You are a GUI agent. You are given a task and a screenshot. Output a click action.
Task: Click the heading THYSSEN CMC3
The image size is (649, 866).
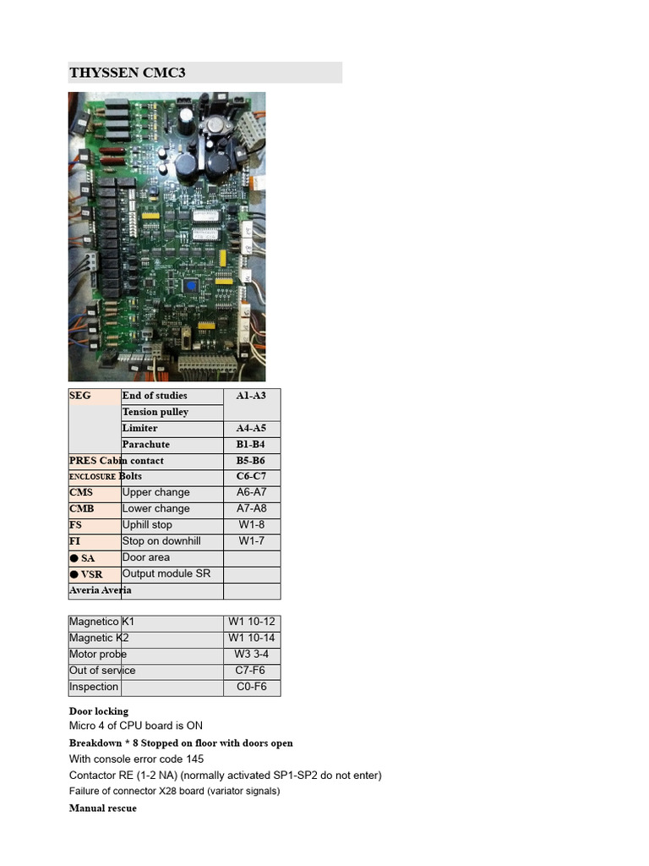coord(127,73)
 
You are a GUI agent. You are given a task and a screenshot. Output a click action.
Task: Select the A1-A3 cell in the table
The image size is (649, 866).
coord(251,396)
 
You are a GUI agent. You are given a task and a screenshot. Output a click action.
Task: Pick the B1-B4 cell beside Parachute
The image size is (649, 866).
coord(251,444)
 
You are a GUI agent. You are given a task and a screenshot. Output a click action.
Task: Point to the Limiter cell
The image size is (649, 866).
coord(139,428)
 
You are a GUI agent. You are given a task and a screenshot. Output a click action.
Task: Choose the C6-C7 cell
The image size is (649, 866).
coord(251,476)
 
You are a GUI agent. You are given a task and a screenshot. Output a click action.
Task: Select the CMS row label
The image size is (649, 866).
coord(81,492)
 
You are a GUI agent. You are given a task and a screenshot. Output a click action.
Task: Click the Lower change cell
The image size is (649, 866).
coord(155,508)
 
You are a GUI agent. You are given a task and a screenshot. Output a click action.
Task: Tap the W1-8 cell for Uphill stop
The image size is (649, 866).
coord(251,524)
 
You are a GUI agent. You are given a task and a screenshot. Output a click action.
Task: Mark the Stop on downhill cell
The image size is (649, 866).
coord(161,540)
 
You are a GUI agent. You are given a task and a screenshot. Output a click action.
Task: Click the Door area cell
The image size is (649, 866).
coord(145,557)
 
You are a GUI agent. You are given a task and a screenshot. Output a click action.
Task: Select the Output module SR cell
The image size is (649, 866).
coord(166,573)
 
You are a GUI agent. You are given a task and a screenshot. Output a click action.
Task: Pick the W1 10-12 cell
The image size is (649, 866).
coord(251,622)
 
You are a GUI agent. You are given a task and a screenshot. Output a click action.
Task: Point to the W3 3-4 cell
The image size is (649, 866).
coord(251,654)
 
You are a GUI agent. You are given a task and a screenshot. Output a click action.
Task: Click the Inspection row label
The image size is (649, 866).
coord(93,687)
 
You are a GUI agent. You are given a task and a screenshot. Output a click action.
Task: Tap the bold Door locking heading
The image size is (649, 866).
coord(98,711)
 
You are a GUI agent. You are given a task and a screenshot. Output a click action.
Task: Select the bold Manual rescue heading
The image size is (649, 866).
coord(102,808)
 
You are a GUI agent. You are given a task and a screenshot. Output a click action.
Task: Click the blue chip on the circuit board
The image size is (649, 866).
coord(191,287)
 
